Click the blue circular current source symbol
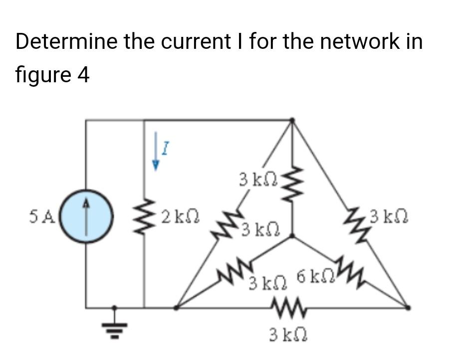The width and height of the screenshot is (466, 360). [87, 218]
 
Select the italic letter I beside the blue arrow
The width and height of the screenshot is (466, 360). [166, 147]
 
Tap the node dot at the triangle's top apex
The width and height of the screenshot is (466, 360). [292, 120]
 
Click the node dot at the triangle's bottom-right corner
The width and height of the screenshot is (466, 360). [408, 308]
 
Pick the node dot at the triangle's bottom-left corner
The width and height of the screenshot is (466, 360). [176, 308]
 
